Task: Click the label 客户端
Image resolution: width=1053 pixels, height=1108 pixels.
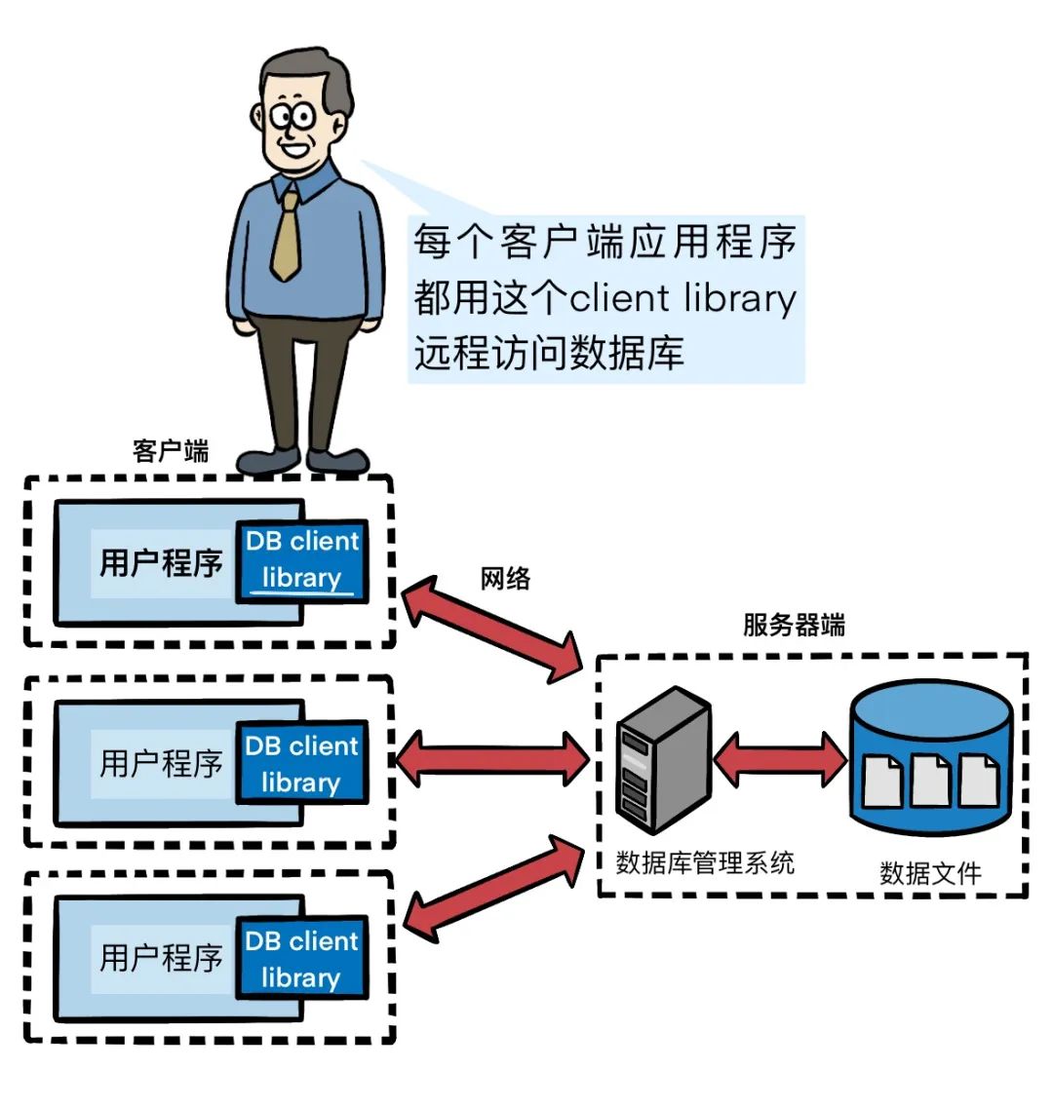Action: coord(171,451)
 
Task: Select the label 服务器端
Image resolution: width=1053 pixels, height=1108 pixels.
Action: coord(794,625)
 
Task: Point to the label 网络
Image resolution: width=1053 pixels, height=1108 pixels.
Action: coord(505,579)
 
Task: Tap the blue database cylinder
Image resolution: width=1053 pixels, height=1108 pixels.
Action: coord(930,760)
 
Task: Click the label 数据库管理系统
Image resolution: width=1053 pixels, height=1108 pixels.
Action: coord(705,862)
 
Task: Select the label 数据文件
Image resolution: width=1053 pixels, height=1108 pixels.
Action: coord(930,873)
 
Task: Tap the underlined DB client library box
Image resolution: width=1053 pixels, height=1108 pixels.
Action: coord(302,560)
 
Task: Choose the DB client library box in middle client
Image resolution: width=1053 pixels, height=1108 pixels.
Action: coord(302,764)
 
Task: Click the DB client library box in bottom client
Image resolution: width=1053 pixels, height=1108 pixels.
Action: coord(302,959)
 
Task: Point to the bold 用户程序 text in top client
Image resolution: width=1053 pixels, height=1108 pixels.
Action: coord(161,562)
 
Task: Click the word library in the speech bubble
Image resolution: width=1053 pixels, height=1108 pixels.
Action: coord(740,298)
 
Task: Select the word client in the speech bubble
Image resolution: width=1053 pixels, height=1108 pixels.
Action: coord(619,298)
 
